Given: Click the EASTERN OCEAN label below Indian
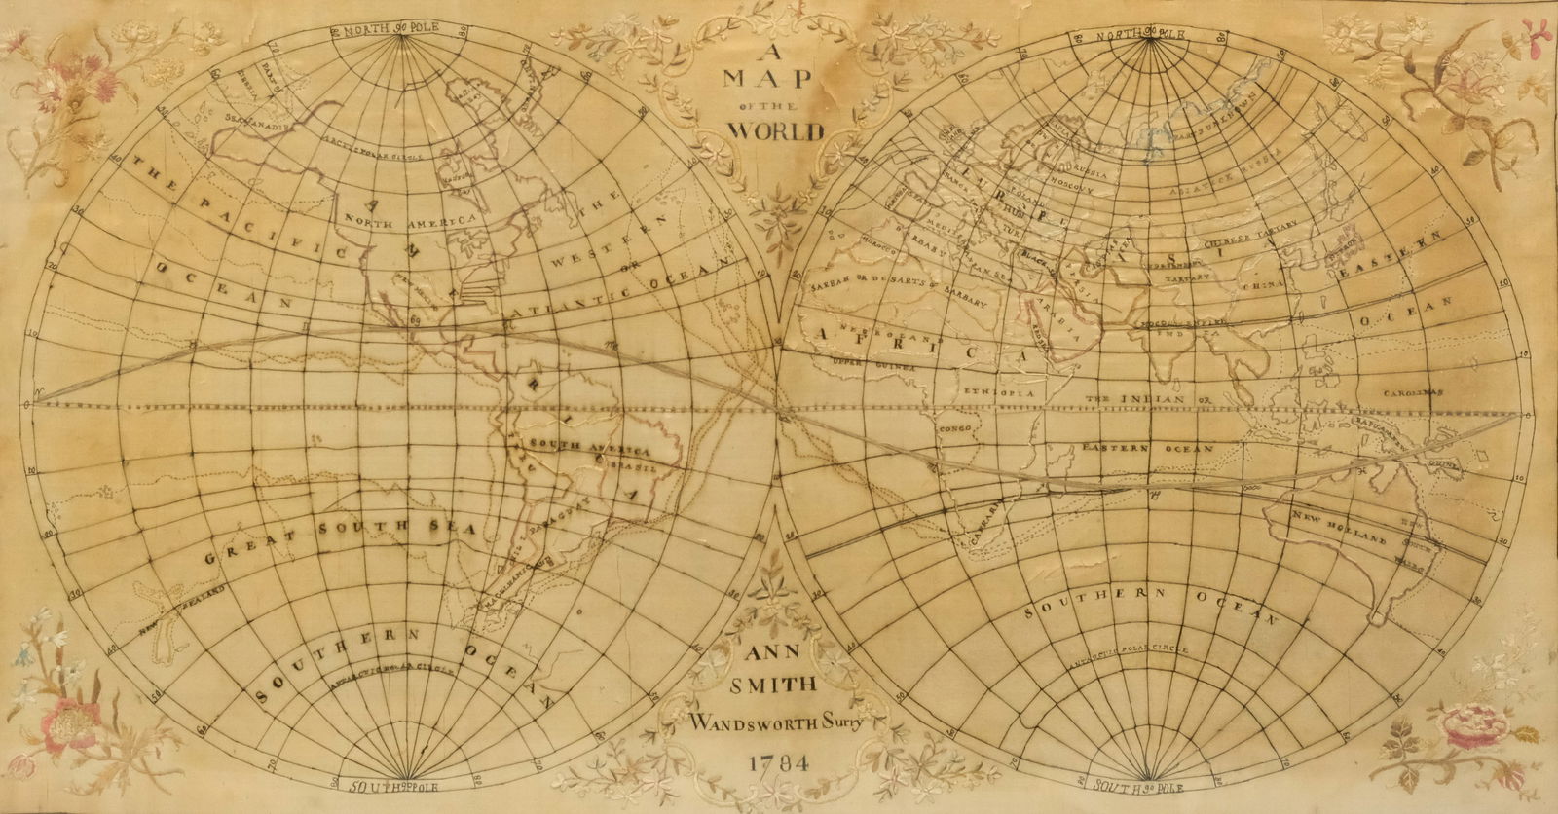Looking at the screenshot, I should click(x=1147, y=449).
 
